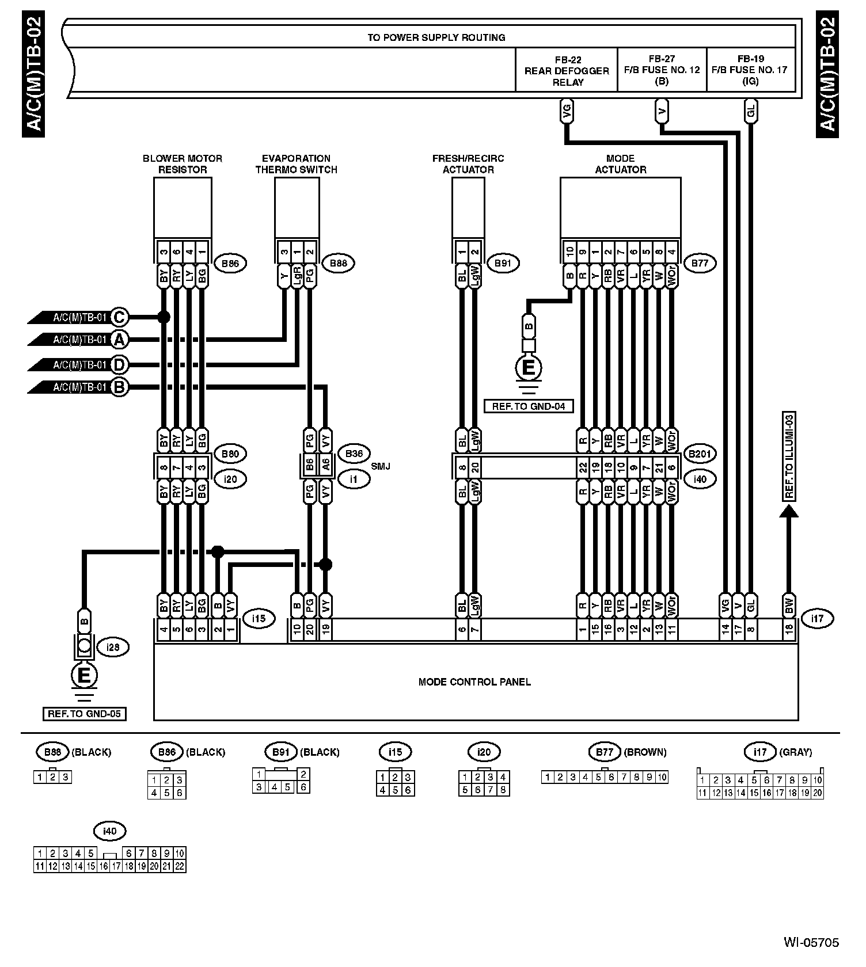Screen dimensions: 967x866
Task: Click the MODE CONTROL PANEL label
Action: click(474, 682)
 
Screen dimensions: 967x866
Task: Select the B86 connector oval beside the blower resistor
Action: click(230, 264)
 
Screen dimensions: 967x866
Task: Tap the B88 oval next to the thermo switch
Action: click(339, 264)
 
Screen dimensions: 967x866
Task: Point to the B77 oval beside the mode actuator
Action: click(700, 264)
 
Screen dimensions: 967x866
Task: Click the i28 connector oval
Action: click(113, 647)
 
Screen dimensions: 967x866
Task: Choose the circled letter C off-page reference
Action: click(119, 317)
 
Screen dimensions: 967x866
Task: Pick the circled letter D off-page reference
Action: click(119, 364)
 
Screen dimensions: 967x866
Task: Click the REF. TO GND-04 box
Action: click(529, 406)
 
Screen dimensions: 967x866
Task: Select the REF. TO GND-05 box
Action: click(84, 714)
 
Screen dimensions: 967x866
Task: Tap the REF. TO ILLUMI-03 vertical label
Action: click(789, 456)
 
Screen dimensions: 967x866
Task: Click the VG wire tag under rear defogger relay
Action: click(567, 112)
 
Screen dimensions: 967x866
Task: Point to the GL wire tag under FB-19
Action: click(750, 112)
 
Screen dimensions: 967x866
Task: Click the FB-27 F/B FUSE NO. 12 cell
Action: click(662, 70)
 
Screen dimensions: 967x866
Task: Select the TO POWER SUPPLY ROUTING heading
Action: click(436, 37)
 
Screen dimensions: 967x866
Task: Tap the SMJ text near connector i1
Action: click(381, 466)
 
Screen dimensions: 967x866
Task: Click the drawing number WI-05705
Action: click(811, 943)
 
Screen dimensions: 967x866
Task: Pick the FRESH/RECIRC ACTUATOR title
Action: click(468, 164)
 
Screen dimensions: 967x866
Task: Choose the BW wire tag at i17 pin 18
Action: click(789, 606)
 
